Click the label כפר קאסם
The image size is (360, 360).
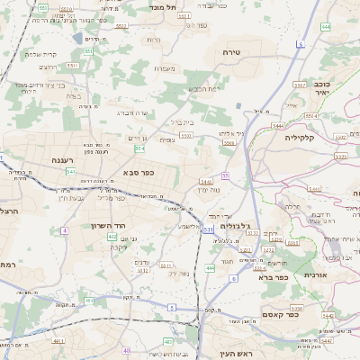point(270,312)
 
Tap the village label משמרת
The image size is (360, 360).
point(163,68)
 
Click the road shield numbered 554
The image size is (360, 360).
point(139,148)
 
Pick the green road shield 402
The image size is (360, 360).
point(112,237)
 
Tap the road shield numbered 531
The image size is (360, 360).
point(208,230)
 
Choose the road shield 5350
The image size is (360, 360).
point(186,135)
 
